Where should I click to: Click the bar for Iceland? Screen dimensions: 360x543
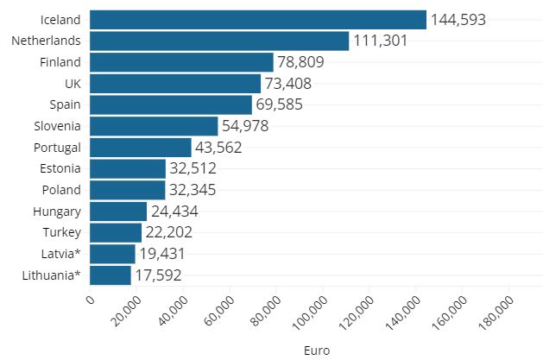point(257,20)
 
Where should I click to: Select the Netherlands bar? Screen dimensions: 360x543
point(218,41)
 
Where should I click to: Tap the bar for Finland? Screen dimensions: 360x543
point(181,62)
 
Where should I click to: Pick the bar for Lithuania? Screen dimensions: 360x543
point(110,275)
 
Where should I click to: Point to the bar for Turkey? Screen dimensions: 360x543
point(115,232)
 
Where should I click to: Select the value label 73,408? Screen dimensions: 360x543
point(287,84)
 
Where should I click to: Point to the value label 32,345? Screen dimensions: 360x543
point(193,190)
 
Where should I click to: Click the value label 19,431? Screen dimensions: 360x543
point(162,254)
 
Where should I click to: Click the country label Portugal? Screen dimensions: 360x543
point(58,147)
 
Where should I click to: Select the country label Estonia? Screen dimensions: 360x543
point(60,168)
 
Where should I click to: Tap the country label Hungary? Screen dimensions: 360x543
point(60,211)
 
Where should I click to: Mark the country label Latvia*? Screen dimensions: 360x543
point(61,254)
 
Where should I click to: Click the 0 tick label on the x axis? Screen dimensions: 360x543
point(91,300)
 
